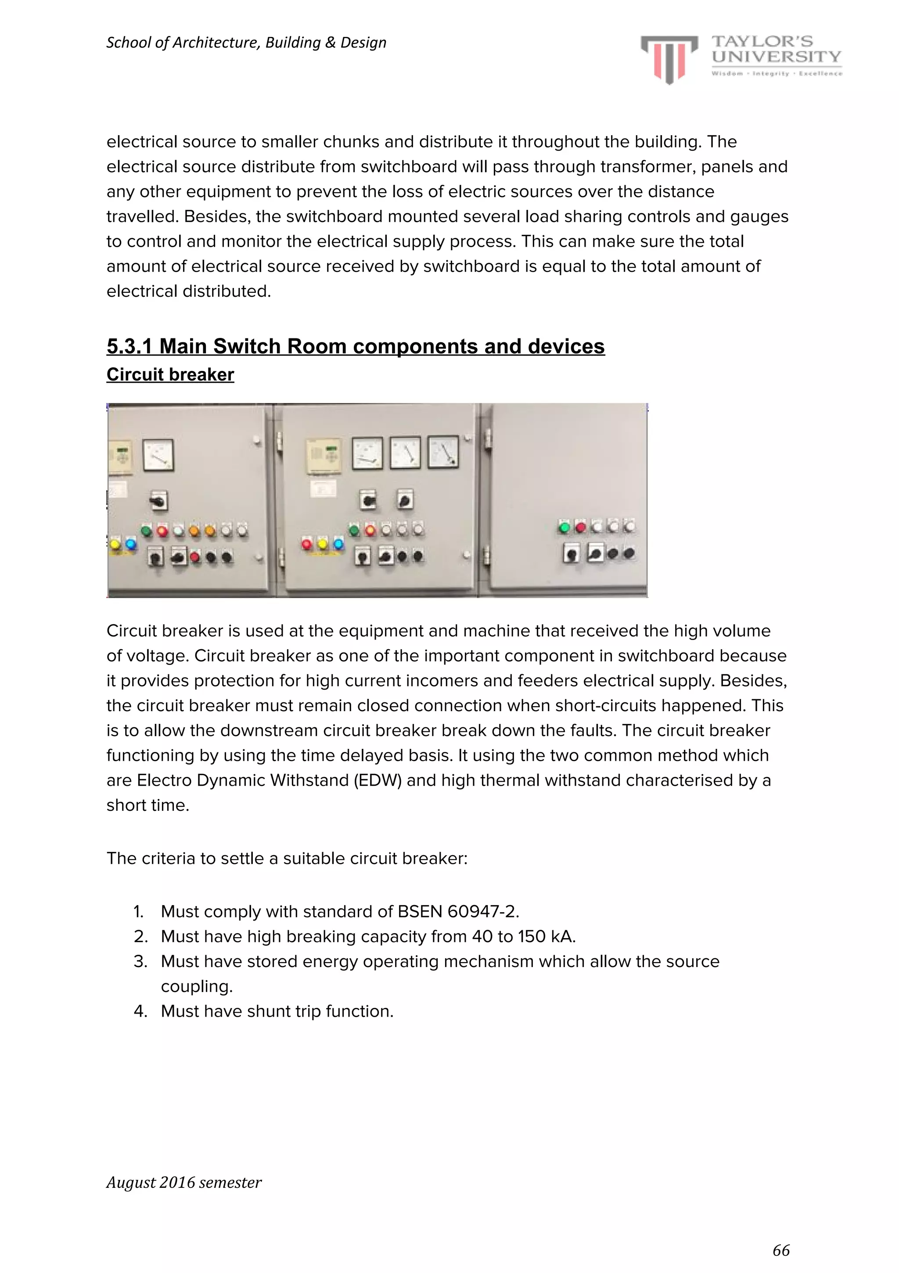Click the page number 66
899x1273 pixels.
tap(781, 1250)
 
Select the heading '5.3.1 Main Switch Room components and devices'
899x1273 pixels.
tap(356, 346)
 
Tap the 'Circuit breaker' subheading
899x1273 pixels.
tap(170, 375)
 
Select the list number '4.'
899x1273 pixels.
tap(140, 1011)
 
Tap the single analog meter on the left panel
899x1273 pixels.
tap(158, 455)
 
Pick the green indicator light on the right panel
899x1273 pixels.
tap(565, 527)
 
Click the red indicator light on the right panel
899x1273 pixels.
tap(581, 527)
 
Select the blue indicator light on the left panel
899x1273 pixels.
tap(131, 544)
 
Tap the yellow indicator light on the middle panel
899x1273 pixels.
tap(322, 544)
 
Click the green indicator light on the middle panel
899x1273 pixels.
tap(354, 531)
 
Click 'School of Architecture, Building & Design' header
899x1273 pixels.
tap(246, 43)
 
